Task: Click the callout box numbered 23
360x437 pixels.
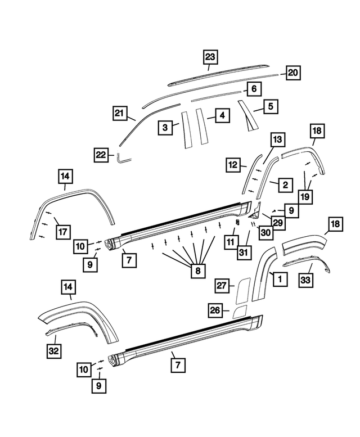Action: [x=210, y=57]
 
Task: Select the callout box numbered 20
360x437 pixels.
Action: [x=293, y=73]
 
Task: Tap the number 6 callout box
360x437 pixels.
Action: [x=254, y=89]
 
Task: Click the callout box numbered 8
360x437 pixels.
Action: [x=197, y=271]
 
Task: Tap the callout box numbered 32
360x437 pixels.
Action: [x=54, y=352]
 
